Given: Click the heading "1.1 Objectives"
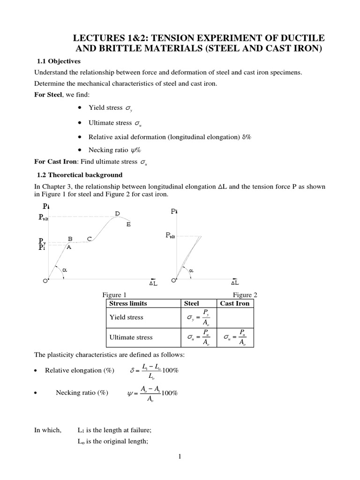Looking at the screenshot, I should (x=59, y=61).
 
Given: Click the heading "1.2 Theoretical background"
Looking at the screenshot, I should (x=79, y=175).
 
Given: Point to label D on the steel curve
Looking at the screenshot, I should (x=117, y=214).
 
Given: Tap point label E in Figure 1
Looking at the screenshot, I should (x=128, y=225).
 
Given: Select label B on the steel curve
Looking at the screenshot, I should (x=70, y=239).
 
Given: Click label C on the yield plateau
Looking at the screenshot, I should (x=89, y=239).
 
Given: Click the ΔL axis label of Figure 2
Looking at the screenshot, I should (x=234, y=283).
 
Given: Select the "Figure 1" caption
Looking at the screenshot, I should (x=114, y=295).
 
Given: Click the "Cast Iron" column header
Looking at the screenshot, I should (x=234, y=303).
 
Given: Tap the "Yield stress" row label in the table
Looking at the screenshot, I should (x=126, y=317).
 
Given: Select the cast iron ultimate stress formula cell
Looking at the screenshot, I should (x=234, y=337).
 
